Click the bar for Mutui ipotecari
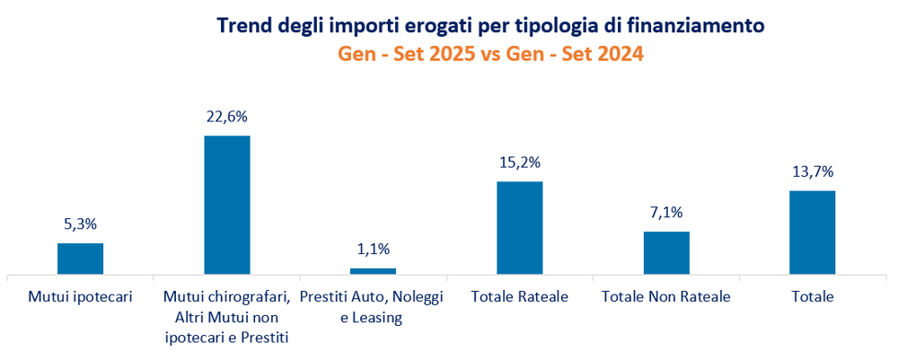click(x=80, y=259)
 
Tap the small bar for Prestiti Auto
click(x=373, y=271)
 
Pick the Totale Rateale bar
click(x=520, y=228)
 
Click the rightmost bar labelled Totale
click(x=812, y=233)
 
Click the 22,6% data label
click(x=226, y=117)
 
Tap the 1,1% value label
click(x=373, y=250)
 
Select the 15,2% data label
click(x=520, y=162)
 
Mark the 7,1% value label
click(x=666, y=213)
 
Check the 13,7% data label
click(x=812, y=171)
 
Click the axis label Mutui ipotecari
click(x=80, y=297)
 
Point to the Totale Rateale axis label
click(x=520, y=297)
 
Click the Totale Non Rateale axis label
click(x=666, y=297)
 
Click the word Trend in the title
click(x=245, y=25)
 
